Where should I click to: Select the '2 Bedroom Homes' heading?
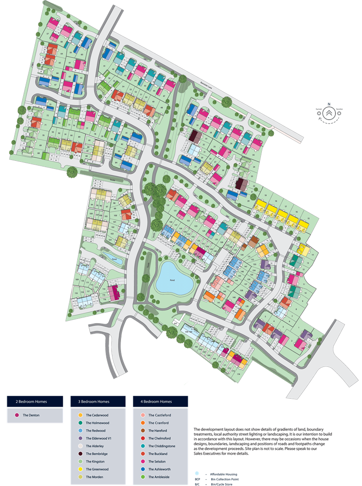pos(35,402)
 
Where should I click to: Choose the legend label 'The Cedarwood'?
pos(97,415)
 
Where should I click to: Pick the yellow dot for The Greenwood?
pos(80,469)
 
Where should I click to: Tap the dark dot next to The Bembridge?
pos(80,454)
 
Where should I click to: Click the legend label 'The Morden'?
pos(95,477)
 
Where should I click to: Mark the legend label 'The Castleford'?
pos(160,415)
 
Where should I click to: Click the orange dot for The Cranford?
pos(142,423)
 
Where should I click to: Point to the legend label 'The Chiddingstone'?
pos(163,446)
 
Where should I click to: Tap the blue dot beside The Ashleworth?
pos(142,469)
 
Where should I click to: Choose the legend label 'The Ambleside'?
pos(160,477)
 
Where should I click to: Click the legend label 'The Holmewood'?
pos(98,423)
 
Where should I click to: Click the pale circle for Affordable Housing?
pos(197,474)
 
